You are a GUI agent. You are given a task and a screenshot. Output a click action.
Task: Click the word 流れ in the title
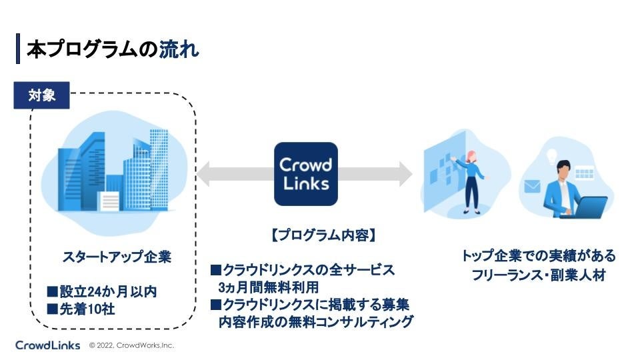click(179, 49)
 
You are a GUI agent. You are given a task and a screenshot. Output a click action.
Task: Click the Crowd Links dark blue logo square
click(305, 174)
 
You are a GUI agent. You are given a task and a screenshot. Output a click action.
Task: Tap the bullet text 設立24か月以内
click(102, 292)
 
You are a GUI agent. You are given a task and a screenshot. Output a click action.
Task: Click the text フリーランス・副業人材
click(539, 275)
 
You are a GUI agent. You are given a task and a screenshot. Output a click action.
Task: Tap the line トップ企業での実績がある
click(539, 257)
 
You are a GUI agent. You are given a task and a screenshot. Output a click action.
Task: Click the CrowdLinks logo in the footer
click(47, 345)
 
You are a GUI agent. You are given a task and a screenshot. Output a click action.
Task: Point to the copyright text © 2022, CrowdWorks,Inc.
click(131, 346)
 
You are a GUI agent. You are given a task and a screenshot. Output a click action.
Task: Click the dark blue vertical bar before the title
click(18, 49)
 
